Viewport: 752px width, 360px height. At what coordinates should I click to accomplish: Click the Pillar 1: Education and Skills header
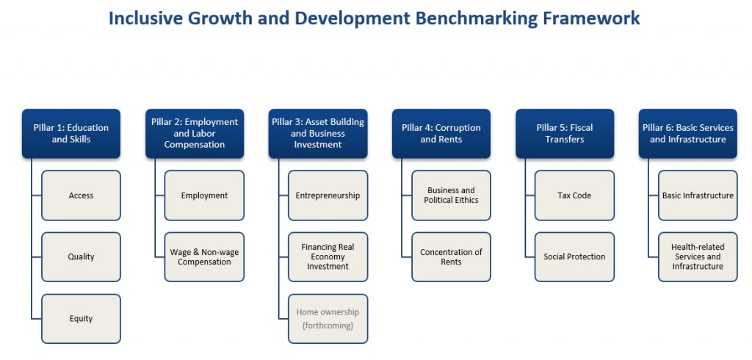click(70, 133)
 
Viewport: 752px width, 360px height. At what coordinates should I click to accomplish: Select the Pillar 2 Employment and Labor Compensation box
click(195, 133)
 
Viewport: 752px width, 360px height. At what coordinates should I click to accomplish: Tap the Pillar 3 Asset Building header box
click(317, 133)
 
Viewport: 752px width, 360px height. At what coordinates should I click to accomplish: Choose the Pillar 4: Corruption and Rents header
click(441, 133)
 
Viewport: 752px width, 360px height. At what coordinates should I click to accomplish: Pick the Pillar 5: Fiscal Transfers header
click(564, 133)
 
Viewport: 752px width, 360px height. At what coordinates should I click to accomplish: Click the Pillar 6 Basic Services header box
click(687, 133)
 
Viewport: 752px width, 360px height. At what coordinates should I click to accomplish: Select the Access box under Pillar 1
click(81, 195)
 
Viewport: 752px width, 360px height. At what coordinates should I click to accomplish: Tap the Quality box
click(81, 257)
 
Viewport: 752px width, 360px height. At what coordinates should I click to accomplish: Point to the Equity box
click(81, 319)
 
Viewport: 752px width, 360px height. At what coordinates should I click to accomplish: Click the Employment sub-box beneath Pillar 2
click(204, 195)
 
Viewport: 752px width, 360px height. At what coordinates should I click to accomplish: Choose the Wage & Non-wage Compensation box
click(204, 257)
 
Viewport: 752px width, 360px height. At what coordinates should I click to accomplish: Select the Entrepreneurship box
click(328, 195)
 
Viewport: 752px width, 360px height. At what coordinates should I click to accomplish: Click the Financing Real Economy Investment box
click(328, 257)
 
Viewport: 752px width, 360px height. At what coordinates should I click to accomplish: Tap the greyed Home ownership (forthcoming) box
click(328, 319)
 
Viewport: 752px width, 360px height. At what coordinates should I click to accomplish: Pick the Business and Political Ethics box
click(451, 195)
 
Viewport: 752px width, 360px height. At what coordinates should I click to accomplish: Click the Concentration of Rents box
click(451, 257)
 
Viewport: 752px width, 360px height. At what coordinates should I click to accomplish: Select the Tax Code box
click(574, 195)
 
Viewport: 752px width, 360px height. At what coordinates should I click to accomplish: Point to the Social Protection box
click(574, 257)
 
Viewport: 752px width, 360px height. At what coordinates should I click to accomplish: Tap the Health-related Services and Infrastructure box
click(698, 257)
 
